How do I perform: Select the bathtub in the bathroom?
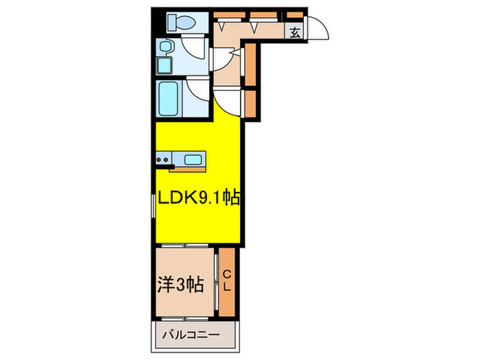pos(168,99)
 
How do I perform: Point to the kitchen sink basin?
pos(192,160)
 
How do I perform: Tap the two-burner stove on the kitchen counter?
pos(163,160)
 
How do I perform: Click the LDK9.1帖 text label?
pos(199,199)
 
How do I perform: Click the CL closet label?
pos(227,281)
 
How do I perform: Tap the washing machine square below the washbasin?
pos(165,66)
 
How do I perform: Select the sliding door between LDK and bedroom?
pos(185,244)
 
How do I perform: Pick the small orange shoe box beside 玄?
pos(295,14)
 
